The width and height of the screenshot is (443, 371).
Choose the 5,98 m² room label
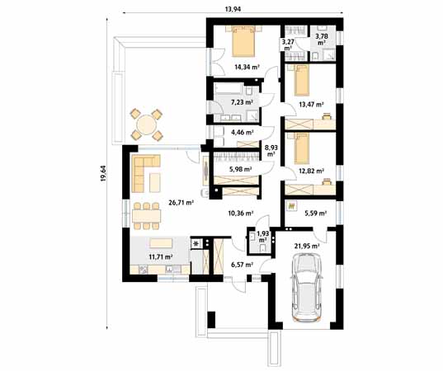coord(240,170)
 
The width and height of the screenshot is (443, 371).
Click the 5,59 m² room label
coord(315,214)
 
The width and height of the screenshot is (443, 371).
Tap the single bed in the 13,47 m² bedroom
coord(301,80)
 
